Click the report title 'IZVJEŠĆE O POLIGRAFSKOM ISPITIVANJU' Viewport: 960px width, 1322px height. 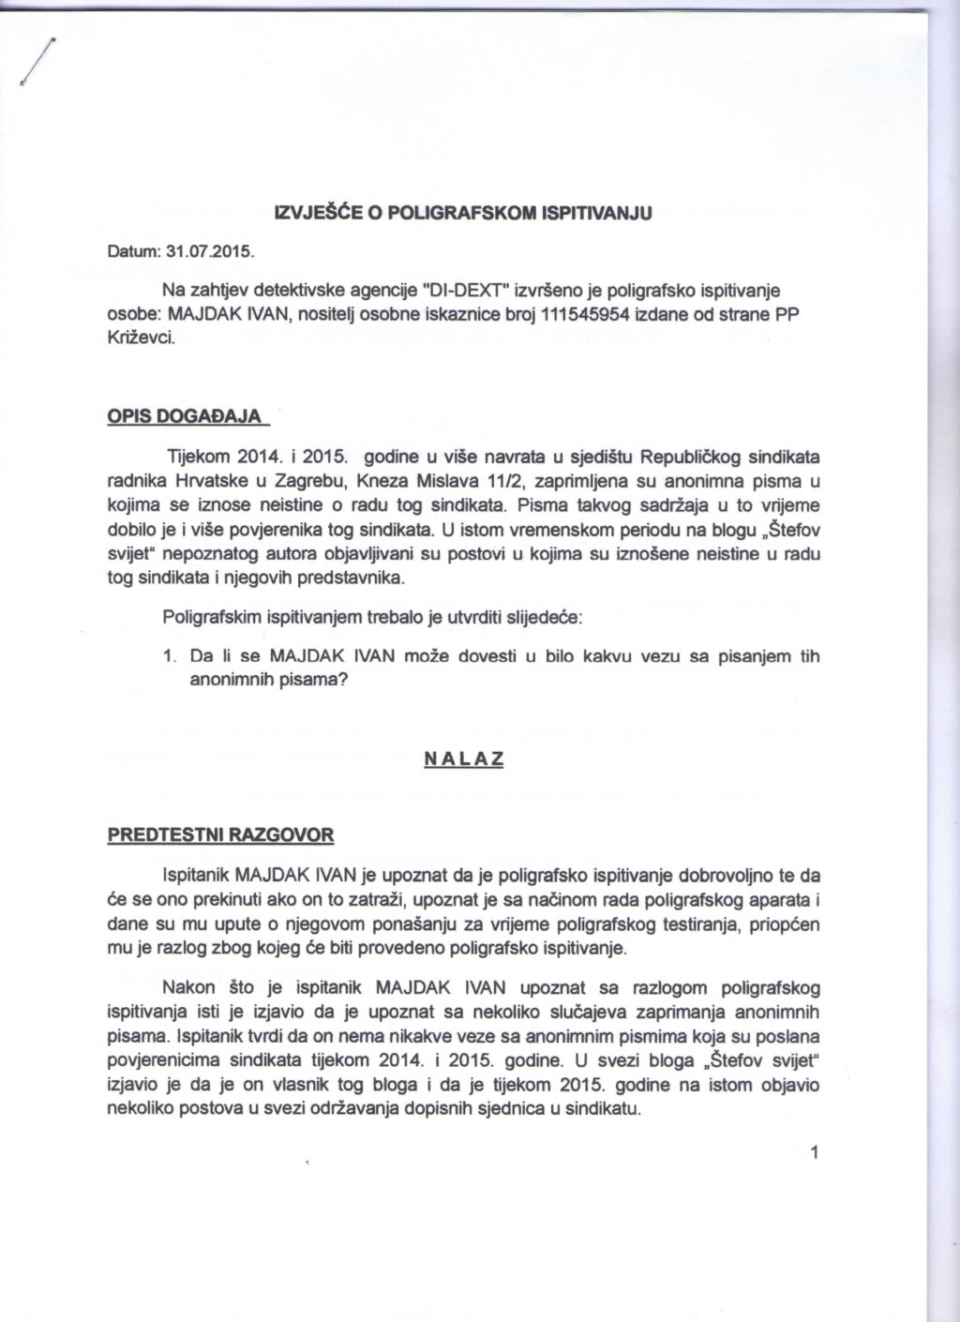pyautogui.click(x=461, y=213)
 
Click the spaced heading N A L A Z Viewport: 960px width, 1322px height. pyautogui.click(x=464, y=760)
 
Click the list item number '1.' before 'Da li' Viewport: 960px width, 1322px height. pyautogui.click(x=169, y=656)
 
